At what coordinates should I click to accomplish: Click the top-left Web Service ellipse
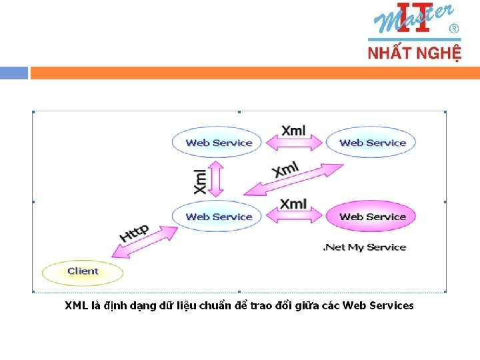click(219, 143)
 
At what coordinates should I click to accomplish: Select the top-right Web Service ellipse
click(372, 143)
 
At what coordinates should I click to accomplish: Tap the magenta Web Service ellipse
click(372, 217)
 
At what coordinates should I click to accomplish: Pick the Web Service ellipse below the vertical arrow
click(219, 217)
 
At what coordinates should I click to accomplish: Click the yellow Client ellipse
click(83, 271)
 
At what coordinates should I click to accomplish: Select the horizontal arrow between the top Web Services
click(294, 143)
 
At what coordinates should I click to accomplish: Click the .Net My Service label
click(364, 247)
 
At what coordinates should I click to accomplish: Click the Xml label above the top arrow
click(293, 130)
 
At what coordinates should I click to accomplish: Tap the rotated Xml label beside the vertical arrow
click(200, 181)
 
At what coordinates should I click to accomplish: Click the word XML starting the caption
click(75, 306)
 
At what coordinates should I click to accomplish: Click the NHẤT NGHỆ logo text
click(414, 52)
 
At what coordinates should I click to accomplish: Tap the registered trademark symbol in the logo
click(454, 29)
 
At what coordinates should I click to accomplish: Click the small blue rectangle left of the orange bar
click(14, 73)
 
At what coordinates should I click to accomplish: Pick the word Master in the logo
click(413, 20)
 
